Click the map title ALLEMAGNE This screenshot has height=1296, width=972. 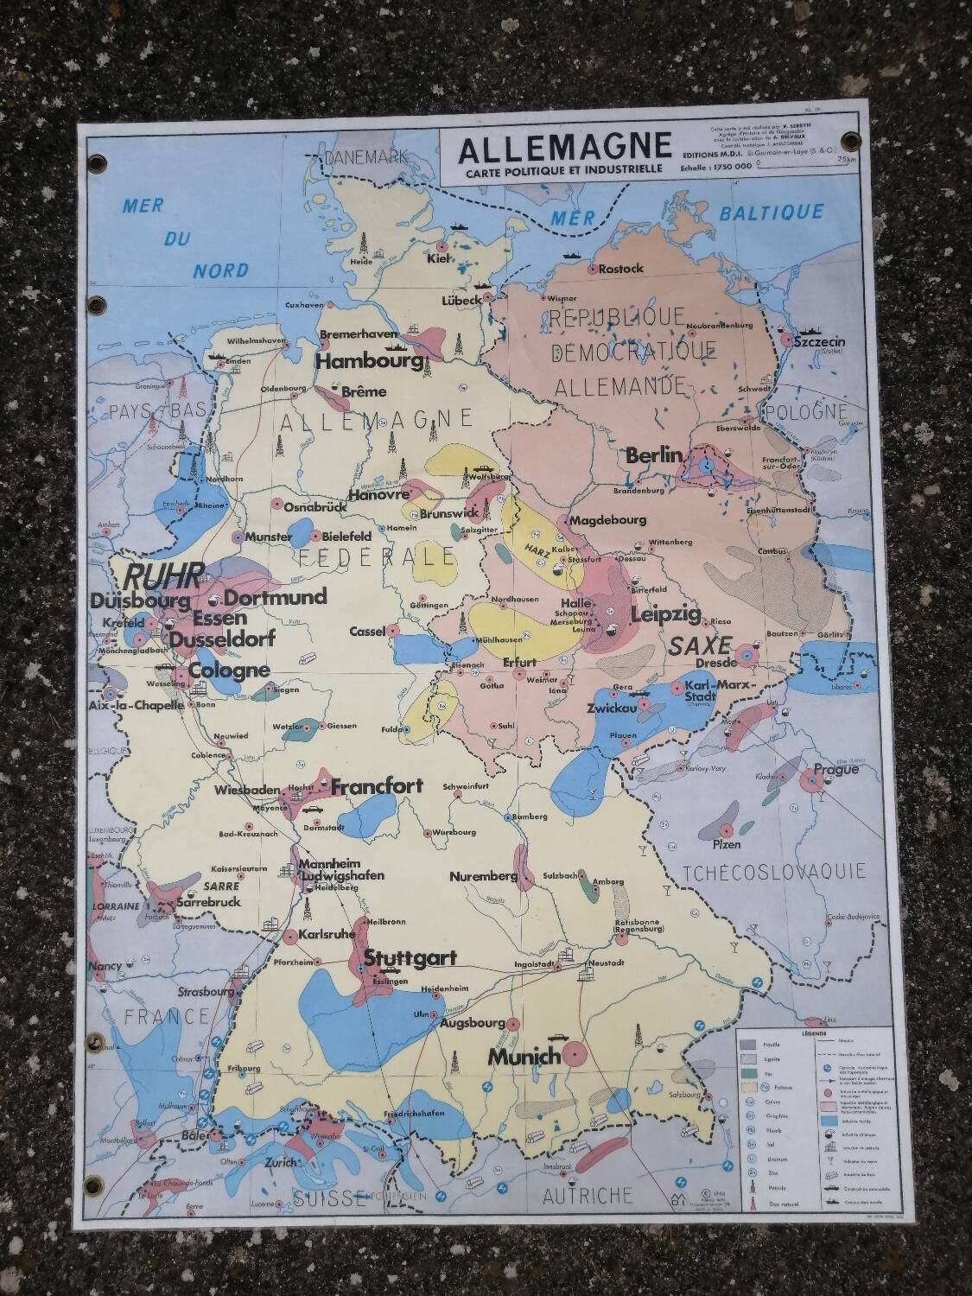tap(563, 148)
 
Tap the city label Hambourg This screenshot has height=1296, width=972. tap(371, 362)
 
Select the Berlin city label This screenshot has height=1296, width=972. tap(655, 455)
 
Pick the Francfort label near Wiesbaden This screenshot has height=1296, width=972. tap(377, 786)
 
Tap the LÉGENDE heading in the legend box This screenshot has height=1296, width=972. tap(814, 1033)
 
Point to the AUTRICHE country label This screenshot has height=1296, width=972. tap(588, 1196)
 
